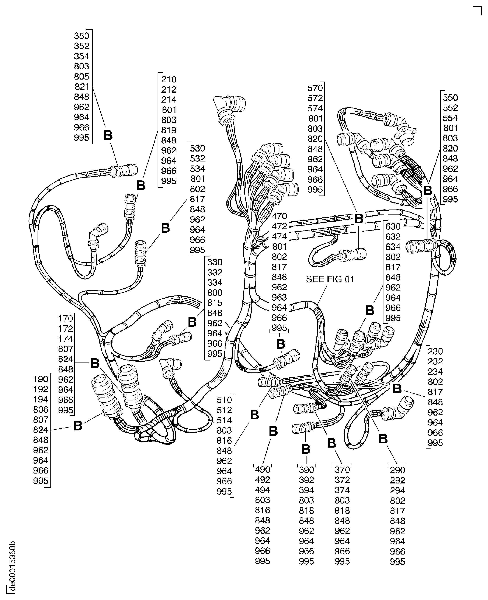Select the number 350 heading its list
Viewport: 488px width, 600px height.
[82, 36]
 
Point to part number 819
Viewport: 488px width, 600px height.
[169, 130]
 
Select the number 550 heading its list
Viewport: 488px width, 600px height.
[450, 98]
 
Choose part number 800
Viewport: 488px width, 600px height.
[215, 293]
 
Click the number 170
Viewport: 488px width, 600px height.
[66, 319]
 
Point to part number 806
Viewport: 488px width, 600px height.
[41, 409]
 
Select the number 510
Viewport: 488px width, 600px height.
[224, 400]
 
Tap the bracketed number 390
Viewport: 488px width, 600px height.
[306, 470]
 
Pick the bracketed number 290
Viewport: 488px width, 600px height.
[397, 470]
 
